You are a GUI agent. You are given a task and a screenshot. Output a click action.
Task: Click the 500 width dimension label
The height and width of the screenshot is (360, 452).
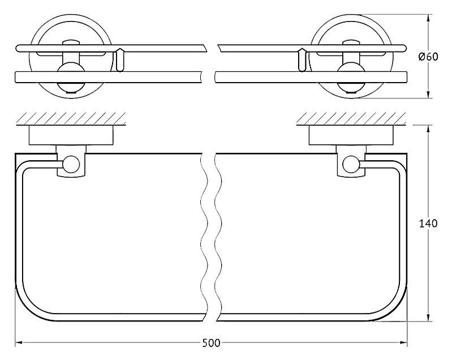(x=211, y=343)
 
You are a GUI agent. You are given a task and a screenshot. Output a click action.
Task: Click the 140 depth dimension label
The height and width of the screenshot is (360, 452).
(x=428, y=223)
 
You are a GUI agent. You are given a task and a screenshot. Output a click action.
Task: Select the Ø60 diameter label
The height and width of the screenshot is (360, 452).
(x=428, y=57)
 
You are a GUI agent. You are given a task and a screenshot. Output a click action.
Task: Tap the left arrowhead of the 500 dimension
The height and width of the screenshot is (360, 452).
(x=19, y=342)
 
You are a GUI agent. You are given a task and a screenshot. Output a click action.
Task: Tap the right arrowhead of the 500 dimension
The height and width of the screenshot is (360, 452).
(x=403, y=342)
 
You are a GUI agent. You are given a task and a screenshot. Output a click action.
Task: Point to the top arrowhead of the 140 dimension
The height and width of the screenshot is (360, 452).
(x=428, y=129)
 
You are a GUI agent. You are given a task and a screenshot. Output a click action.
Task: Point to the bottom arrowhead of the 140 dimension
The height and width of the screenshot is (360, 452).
(x=428, y=318)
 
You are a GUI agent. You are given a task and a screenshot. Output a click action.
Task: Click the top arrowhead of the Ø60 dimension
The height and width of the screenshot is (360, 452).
(x=428, y=19)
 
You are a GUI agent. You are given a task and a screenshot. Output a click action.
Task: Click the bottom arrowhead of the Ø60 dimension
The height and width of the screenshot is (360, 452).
(x=428, y=95)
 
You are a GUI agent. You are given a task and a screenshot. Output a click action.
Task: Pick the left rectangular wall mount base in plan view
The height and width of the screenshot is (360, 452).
(x=71, y=135)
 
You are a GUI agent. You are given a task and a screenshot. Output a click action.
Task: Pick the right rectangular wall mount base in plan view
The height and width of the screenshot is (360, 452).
(x=351, y=135)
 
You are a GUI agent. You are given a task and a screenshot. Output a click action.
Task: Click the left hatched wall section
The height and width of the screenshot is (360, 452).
(x=71, y=118)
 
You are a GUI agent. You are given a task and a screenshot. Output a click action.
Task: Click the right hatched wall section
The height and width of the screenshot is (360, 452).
(x=351, y=118)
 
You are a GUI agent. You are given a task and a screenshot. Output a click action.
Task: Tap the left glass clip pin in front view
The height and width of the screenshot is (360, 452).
(x=119, y=60)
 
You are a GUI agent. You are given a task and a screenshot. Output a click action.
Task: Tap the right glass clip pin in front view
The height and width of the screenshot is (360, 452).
(x=302, y=60)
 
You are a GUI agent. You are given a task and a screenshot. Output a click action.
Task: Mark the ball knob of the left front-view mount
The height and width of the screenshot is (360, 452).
(x=71, y=77)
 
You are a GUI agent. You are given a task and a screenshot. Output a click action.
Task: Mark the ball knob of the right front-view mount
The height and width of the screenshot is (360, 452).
(x=351, y=77)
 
